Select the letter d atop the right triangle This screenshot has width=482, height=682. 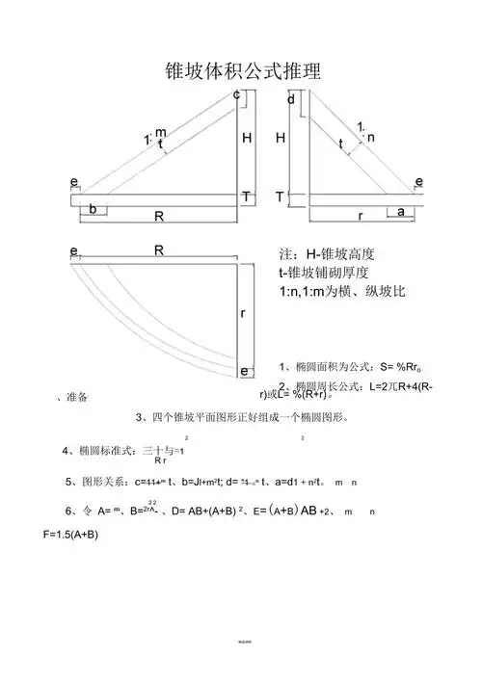pyautogui.click(x=291, y=99)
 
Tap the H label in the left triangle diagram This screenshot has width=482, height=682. pyautogui.click(x=247, y=139)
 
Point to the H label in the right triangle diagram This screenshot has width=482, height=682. pyautogui.click(x=281, y=139)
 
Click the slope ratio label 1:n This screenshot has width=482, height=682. pyautogui.click(x=365, y=133)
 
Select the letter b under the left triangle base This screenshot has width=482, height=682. pyautogui.click(x=93, y=209)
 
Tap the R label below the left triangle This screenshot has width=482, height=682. pyautogui.click(x=159, y=217)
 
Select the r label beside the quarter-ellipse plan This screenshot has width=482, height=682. pyautogui.click(x=244, y=314)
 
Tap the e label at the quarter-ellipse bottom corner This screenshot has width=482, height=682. pyautogui.click(x=244, y=371)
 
